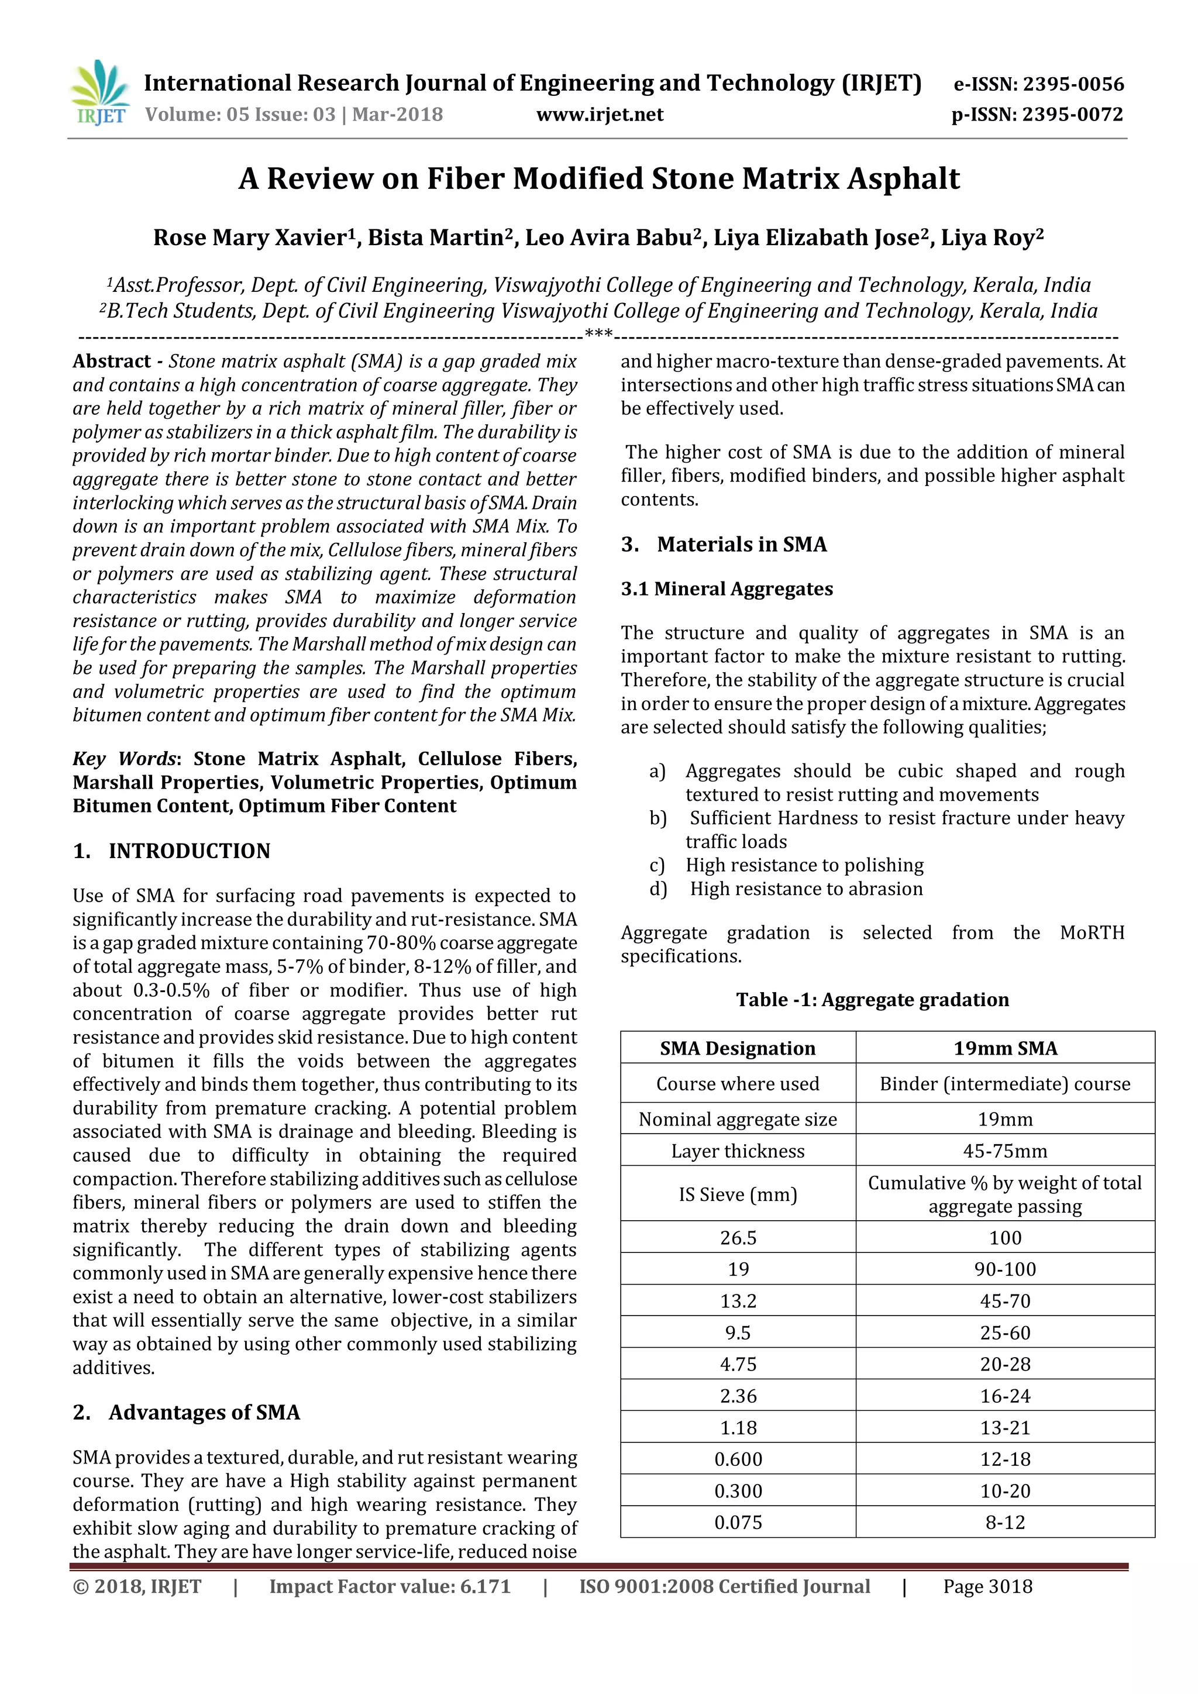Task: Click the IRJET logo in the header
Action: pos(99,94)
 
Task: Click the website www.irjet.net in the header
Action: pos(599,115)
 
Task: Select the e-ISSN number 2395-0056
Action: pos(1073,84)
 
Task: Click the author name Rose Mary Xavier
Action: pos(249,237)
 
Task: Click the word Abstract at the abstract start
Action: pos(111,361)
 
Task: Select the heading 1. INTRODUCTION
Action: pos(171,851)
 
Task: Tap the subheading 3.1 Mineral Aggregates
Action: pos(727,589)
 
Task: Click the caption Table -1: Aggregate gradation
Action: pos(872,1000)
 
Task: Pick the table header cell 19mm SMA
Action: pos(1005,1048)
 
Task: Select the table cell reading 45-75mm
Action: pos(1005,1151)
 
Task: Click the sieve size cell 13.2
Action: pos(738,1302)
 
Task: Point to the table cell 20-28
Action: pos(1005,1365)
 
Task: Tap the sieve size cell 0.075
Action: pos(738,1523)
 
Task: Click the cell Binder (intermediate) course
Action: pos(1005,1084)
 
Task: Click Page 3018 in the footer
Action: pos(987,1587)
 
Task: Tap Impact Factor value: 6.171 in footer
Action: pos(390,1587)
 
